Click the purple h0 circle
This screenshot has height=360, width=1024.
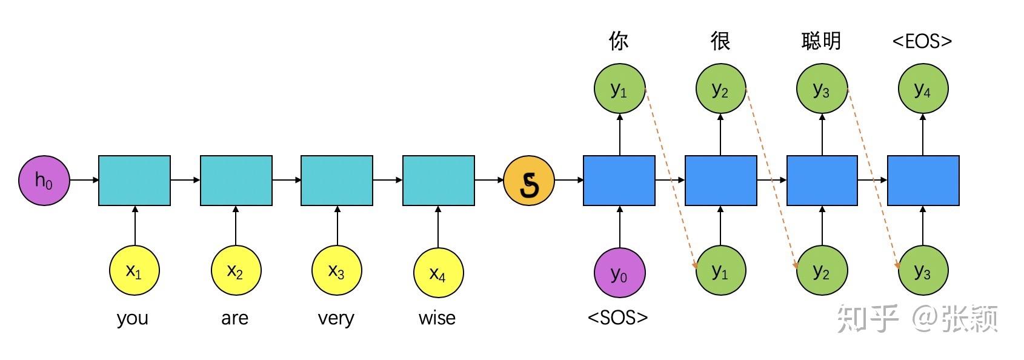[x=44, y=180]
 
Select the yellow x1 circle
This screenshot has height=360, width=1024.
[x=135, y=271]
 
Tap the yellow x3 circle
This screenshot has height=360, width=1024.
[x=337, y=271]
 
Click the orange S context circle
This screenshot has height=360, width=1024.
[x=529, y=180]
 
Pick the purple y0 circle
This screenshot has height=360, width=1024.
[x=619, y=273]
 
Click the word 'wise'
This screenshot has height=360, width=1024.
[x=437, y=318]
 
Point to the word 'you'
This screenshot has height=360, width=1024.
[x=133, y=318]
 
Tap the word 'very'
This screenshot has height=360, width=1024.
[x=336, y=318]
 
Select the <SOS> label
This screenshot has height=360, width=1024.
[x=618, y=317]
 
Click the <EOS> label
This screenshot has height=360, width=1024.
[x=922, y=41]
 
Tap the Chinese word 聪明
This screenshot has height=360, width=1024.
[x=821, y=41]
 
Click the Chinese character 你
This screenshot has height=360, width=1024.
[x=619, y=41]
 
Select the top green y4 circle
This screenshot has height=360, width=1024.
[x=923, y=89]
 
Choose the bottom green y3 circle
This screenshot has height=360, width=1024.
[x=923, y=271]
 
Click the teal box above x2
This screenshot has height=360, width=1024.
[x=236, y=180]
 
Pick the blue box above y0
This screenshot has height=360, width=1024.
[x=619, y=180]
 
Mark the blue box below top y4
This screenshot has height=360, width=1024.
[x=923, y=180]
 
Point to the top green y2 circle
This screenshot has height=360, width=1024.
[x=720, y=89]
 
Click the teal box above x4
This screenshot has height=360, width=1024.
[x=439, y=180]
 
